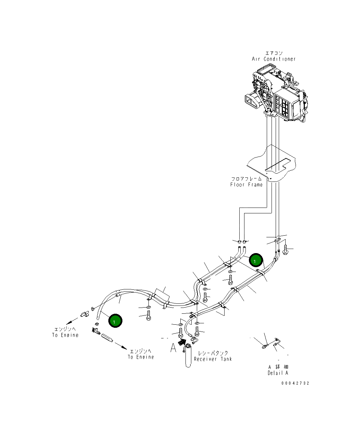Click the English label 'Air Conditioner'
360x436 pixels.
(274, 59)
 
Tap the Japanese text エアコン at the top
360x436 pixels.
(274, 53)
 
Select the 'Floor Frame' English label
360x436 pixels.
(246, 185)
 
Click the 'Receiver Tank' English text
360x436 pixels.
(213, 359)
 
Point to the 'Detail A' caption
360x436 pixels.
(278, 373)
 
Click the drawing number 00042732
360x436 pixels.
(295, 383)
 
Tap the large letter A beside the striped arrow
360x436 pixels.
(173, 348)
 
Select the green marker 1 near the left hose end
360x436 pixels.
(115, 321)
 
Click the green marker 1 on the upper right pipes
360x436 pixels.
(256, 261)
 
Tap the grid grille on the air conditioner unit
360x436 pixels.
(283, 105)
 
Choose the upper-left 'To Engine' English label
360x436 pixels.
(65, 335)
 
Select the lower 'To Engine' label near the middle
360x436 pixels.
(141, 357)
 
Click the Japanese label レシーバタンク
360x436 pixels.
(213, 353)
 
